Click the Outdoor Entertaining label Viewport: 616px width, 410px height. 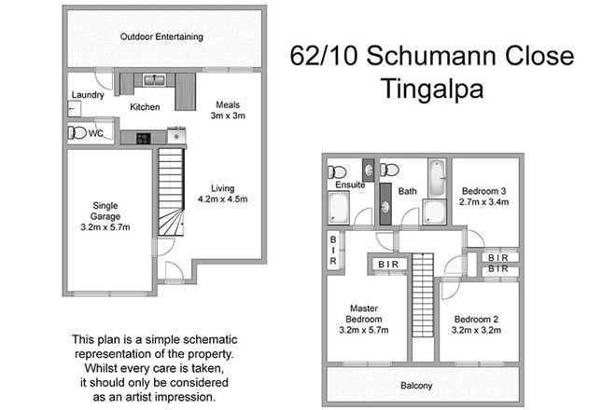162,37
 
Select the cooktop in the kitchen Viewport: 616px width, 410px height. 144,139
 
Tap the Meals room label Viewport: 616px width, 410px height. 228,104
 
